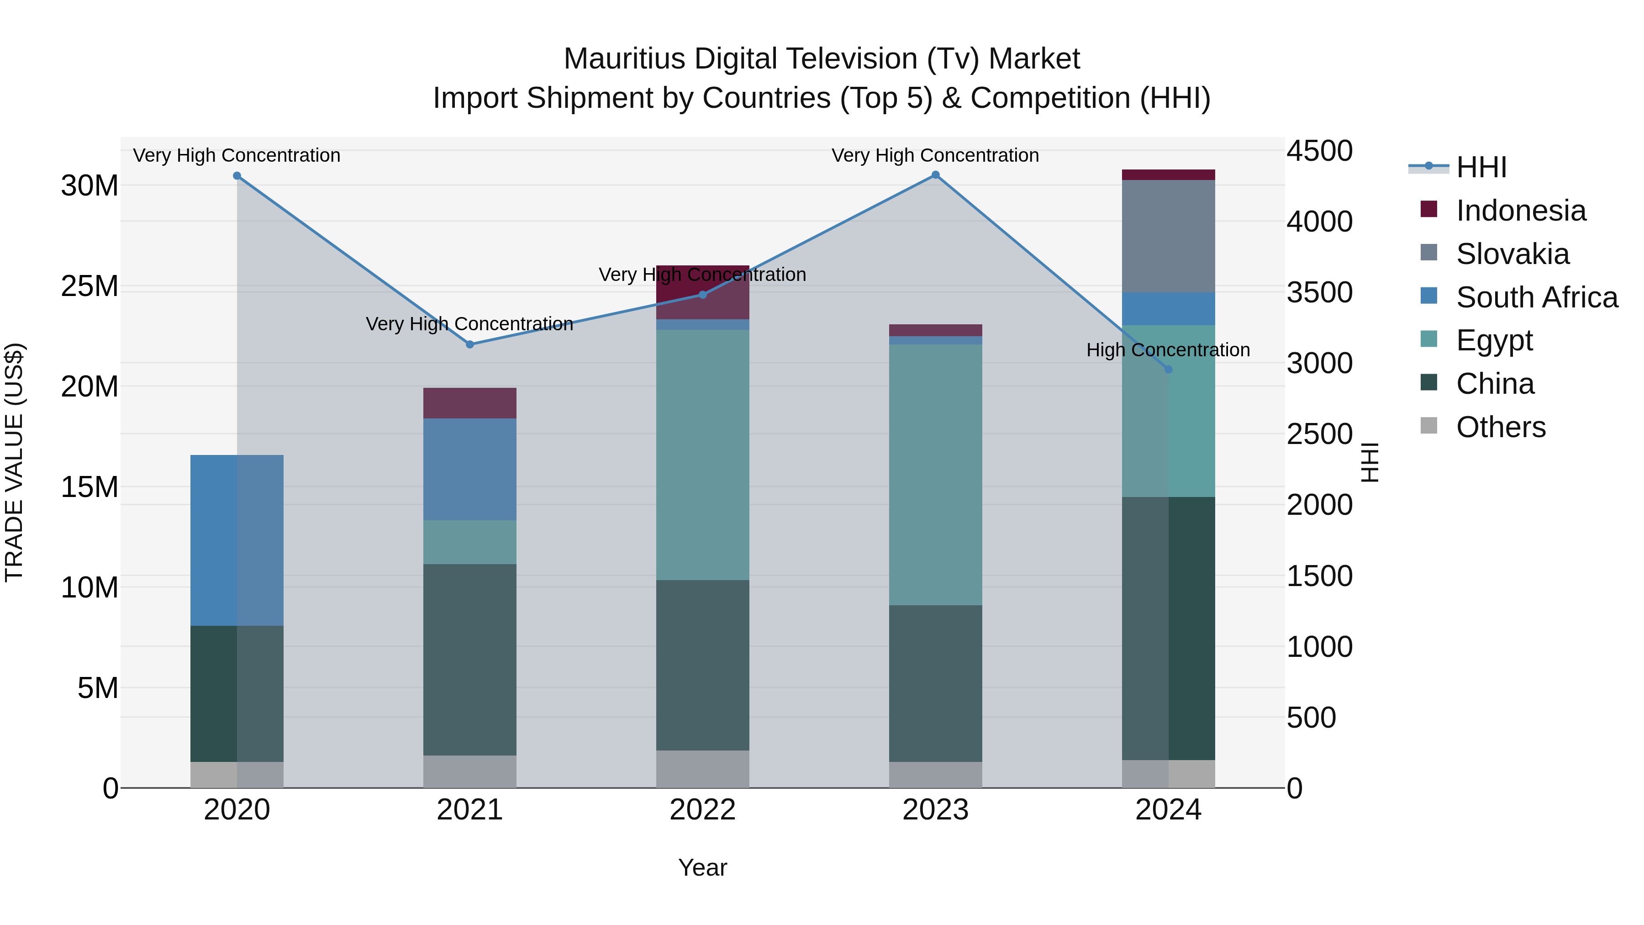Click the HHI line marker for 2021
tap(470, 345)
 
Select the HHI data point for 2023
tap(936, 175)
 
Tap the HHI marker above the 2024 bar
tap(1169, 370)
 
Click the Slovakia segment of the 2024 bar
tap(1169, 236)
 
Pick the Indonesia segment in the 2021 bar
tap(470, 403)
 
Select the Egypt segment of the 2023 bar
tap(936, 475)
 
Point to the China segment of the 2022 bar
tap(703, 665)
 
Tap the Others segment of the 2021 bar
tap(470, 772)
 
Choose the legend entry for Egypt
tap(1494, 340)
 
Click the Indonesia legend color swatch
tap(1429, 209)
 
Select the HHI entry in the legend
tap(1481, 167)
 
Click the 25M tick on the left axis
tap(90, 286)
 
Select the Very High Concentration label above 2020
tap(237, 155)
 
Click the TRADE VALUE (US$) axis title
tap(14, 462)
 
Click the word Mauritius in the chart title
tap(624, 59)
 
